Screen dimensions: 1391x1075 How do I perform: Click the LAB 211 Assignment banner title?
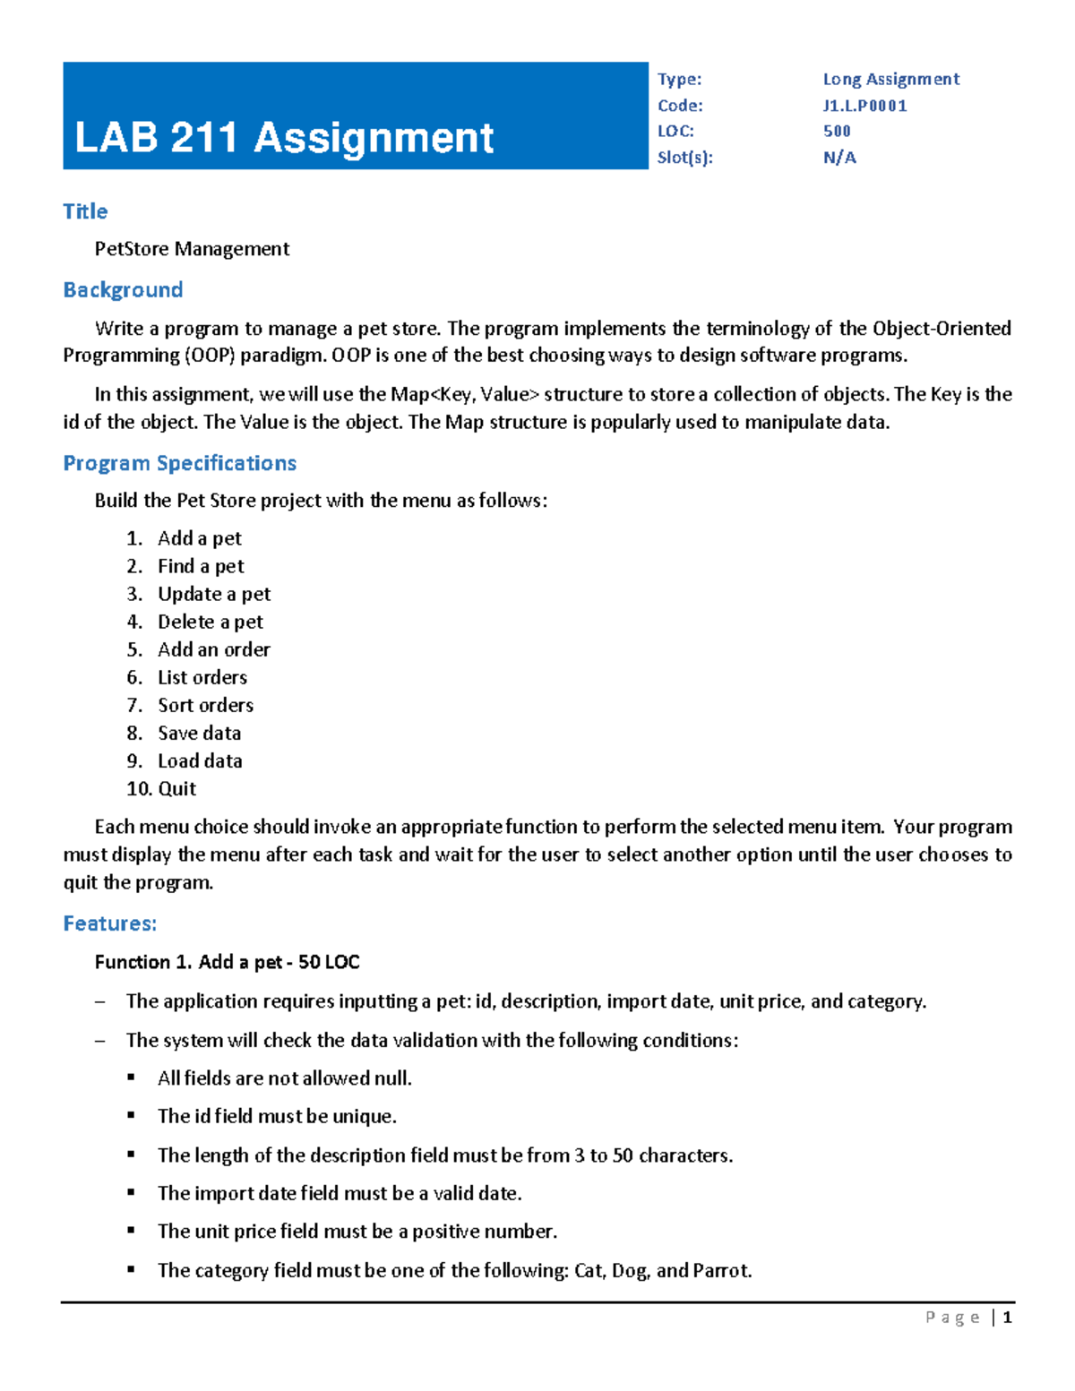[x=284, y=138]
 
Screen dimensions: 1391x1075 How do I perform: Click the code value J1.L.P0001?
[x=864, y=106]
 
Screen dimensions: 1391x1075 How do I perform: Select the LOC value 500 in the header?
[x=837, y=131]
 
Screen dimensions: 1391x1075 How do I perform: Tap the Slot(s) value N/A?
[x=839, y=158]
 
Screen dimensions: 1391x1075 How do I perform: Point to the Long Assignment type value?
[x=890, y=79]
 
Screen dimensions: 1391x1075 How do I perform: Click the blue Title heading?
[x=85, y=211]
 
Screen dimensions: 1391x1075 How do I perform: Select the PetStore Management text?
[x=192, y=249]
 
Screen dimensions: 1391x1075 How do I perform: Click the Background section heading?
[x=123, y=290]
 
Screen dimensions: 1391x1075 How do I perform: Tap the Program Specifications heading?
[x=179, y=463]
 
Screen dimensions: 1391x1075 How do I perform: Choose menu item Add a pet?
[x=199, y=538]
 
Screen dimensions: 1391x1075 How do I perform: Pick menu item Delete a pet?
[x=210, y=622]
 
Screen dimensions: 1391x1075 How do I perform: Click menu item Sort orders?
[x=205, y=705]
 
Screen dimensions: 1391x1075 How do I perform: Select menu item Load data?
[x=200, y=760]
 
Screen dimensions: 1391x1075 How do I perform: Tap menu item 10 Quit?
[x=176, y=788]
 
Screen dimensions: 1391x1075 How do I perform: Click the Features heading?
[x=109, y=923]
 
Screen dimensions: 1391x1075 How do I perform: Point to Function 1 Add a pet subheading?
[x=227, y=962]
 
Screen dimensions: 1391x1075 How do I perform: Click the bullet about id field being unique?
[x=277, y=1116]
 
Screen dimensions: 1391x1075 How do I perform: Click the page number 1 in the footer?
[x=1008, y=1317]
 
